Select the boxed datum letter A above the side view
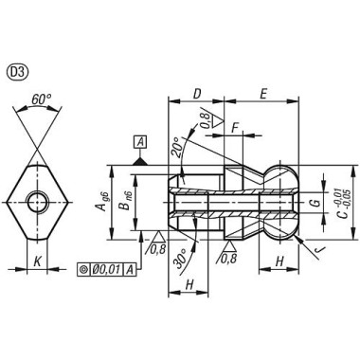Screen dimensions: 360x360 click(x=140, y=142)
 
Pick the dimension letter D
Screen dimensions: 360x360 click(x=196, y=94)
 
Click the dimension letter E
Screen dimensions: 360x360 click(x=262, y=94)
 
